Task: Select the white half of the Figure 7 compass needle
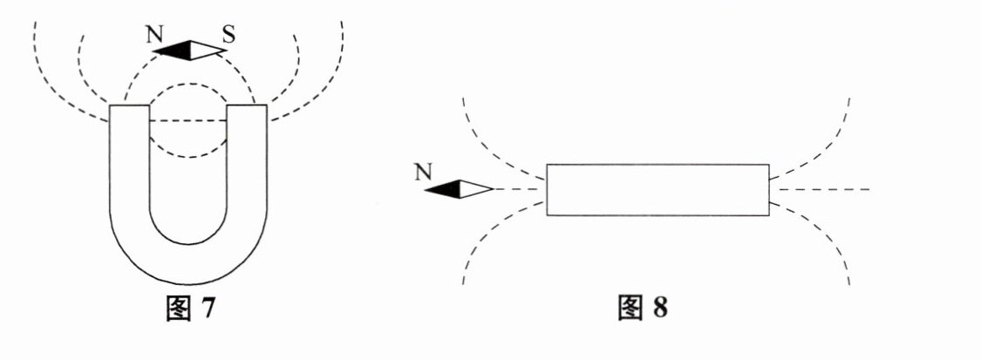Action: point(208,49)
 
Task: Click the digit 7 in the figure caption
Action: point(206,309)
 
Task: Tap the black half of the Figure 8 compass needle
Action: point(443,188)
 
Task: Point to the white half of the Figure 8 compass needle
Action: point(475,188)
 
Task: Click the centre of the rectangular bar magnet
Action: point(657,189)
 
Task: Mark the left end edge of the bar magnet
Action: point(548,189)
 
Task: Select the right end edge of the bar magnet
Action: point(768,189)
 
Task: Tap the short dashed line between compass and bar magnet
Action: point(519,189)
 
